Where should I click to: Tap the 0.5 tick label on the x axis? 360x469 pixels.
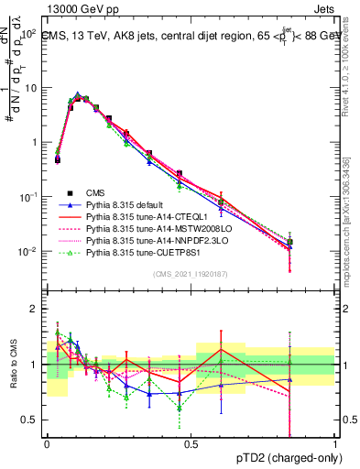click(191, 443)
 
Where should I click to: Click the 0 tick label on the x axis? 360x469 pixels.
click(47, 443)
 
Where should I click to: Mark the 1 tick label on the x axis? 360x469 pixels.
click(334, 443)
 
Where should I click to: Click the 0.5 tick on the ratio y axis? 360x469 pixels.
click(31, 420)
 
